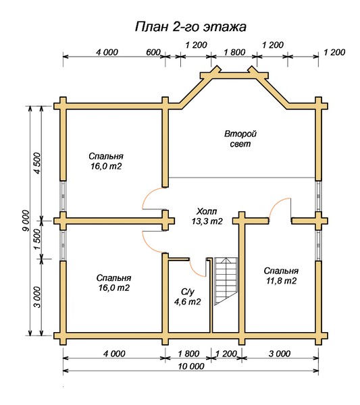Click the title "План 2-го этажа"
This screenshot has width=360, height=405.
[190, 27]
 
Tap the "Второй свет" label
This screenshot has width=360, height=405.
[240, 139]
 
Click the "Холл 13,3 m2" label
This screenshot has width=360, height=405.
[207, 217]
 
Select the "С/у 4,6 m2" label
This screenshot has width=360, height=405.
[187, 297]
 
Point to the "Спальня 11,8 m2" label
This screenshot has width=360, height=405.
[281, 276]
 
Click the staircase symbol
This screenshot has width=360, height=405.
[226, 281]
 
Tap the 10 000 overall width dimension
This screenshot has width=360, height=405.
[191, 366]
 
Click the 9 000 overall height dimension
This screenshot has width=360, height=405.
[26, 221]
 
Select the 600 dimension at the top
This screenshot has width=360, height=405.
[153, 53]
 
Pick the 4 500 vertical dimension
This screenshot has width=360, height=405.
[37, 163]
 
